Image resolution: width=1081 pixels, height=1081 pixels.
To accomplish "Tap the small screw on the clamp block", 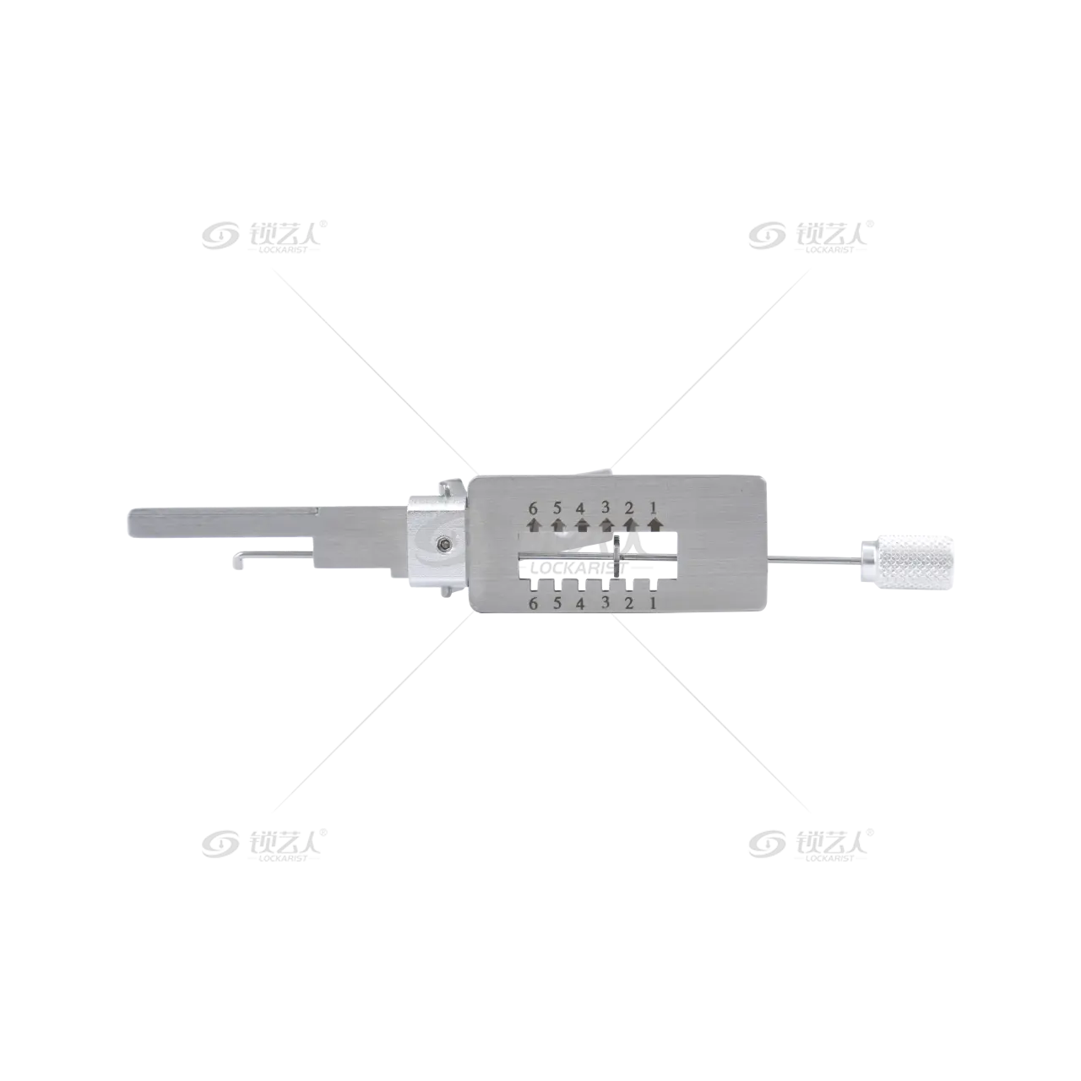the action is pos(444,543).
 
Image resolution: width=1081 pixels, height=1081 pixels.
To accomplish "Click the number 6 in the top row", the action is pos(533,508).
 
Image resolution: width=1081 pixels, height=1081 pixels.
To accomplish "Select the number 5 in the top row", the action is pos(557,508).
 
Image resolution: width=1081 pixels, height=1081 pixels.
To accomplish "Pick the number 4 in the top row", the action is pos(580,508).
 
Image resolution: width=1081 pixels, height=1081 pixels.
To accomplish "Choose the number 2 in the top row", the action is pos(629,508).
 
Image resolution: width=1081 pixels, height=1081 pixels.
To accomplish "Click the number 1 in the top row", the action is pos(654,508).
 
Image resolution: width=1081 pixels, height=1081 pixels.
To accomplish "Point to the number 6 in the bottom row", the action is pos(533,604).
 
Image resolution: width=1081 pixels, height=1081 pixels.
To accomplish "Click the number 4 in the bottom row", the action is pos(580,604).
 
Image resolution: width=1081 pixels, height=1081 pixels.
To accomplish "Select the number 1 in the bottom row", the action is pos(654,604).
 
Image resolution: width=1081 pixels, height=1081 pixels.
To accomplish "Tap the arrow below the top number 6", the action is pos(534,524).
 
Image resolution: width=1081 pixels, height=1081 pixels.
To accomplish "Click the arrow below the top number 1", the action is pos(655,524).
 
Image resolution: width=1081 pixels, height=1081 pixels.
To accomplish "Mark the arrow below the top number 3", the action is pos(606,524).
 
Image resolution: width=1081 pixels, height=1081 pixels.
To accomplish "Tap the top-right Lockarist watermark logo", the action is pos(811,236).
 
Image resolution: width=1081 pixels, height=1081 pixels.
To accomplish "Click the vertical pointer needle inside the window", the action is pos(617,556).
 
